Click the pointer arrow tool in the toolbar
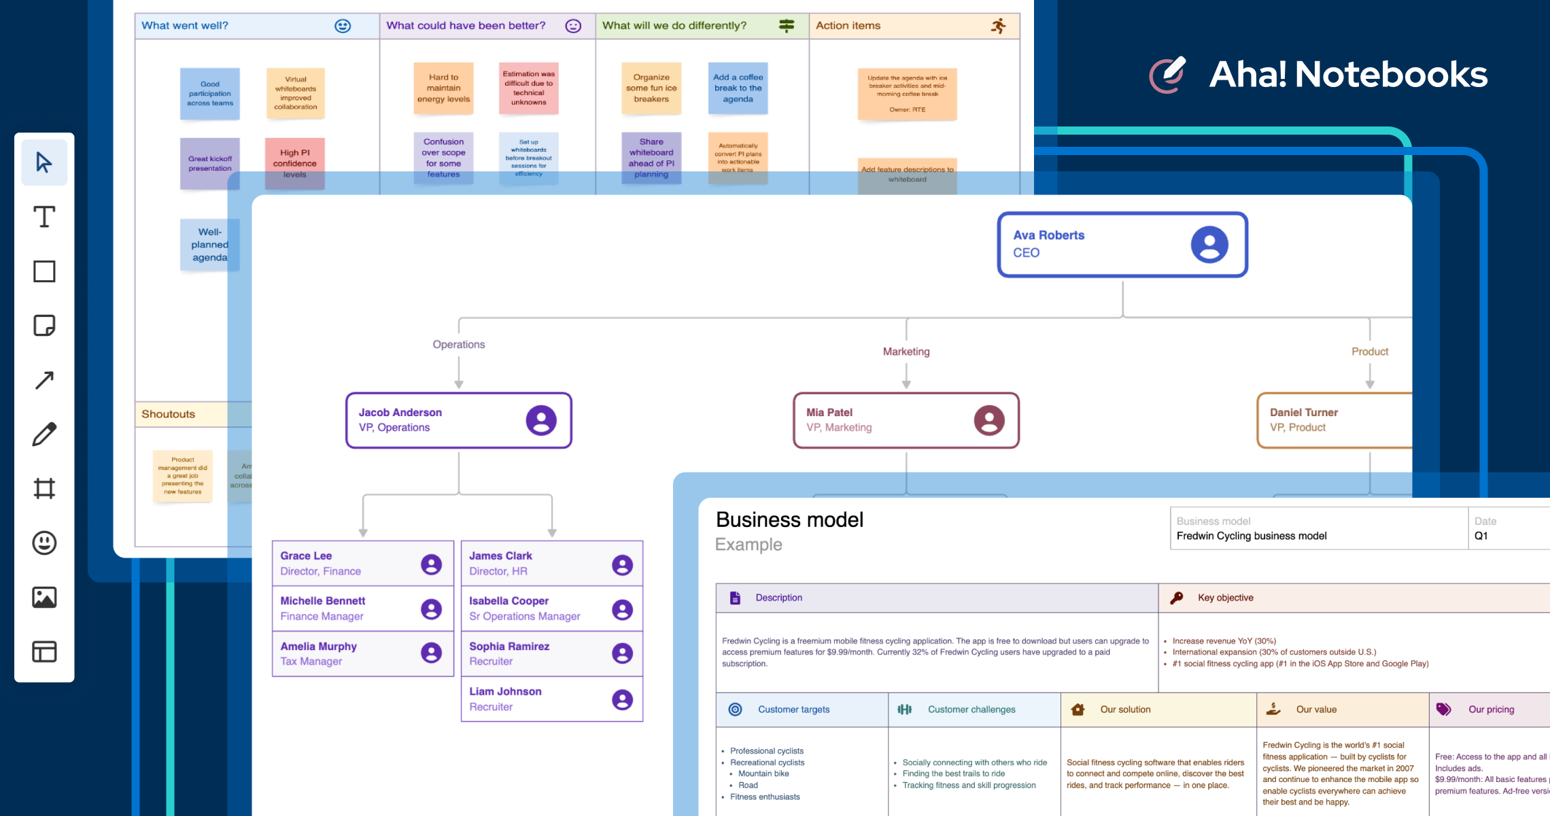[44, 163]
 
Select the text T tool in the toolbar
[44, 217]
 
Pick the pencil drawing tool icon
[44, 435]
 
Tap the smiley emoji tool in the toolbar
[44, 543]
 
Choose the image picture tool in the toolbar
[44, 597]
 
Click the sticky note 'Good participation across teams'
[209, 94]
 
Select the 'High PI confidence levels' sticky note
[294, 163]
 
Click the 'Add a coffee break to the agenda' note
[738, 88]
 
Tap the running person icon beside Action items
[998, 26]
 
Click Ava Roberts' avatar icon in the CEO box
[1209, 245]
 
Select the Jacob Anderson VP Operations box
[458, 420]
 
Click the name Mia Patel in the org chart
[829, 412]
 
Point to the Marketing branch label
[906, 352]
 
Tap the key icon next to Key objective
[1176, 598]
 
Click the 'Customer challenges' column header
[971, 709]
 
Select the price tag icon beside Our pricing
[1443, 709]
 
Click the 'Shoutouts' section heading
[168, 414]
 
